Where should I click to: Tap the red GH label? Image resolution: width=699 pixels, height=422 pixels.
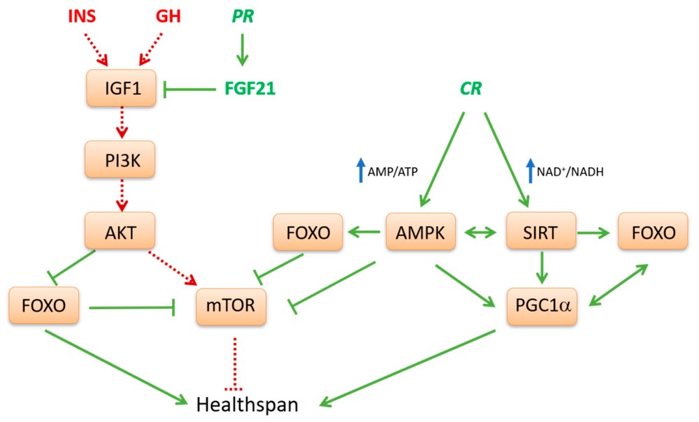tap(168, 15)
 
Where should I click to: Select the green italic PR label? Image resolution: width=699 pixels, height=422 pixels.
tap(240, 15)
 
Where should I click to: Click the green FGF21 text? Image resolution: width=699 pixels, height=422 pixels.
tap(250, 89)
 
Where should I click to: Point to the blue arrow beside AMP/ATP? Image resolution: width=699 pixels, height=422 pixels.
tap(361, 170)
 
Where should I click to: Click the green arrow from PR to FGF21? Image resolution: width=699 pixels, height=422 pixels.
tap(240, 52)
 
